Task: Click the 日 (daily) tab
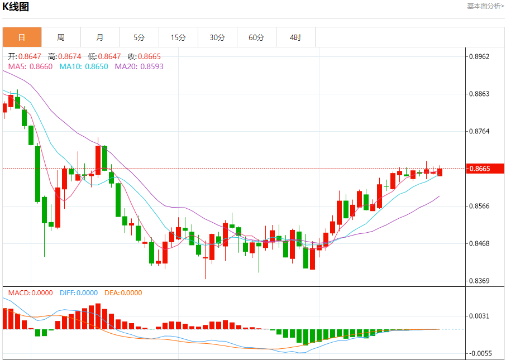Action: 22,37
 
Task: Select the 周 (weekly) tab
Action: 61,37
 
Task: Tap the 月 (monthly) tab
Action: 100,37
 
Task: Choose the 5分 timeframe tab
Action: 139,37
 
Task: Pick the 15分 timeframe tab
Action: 178,37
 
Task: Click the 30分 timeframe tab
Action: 217,37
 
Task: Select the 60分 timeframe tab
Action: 256,37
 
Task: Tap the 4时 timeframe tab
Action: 295,37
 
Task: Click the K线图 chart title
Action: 16,7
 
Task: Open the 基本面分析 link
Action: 485,6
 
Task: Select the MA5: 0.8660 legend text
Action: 30,66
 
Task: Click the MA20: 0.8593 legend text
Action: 139,66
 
